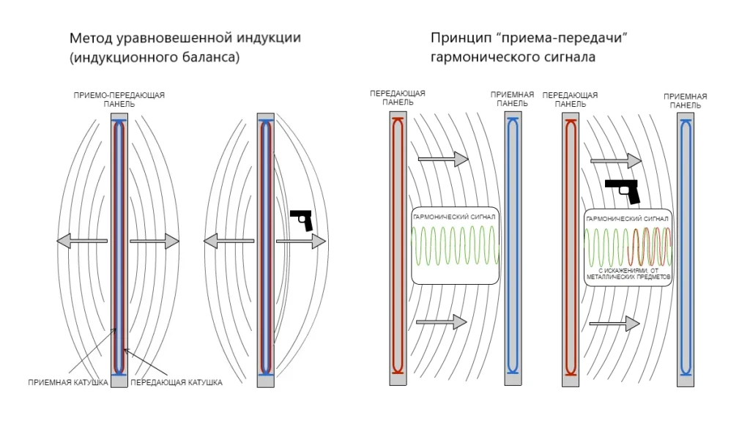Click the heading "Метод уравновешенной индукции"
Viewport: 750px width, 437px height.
tap(185, 38)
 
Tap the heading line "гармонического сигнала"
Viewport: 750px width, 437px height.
tap(513, 56)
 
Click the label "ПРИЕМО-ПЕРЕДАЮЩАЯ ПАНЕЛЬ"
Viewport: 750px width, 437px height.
tap(119, 100)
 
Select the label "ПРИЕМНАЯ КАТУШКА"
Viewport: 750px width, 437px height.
tap(68, 382)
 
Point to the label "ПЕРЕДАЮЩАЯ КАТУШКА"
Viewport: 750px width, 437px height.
tap(176, 382)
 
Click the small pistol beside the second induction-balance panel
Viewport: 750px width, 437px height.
tap(302, 220)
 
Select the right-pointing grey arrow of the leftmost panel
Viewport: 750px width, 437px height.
tap(155, 240)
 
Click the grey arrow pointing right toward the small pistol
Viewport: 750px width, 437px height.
tap(300, 242)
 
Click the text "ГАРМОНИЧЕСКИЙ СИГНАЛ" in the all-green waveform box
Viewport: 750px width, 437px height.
tap(454, 217)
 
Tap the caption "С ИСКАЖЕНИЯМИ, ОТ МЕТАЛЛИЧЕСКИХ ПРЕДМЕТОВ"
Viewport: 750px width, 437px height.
tap(629, 274)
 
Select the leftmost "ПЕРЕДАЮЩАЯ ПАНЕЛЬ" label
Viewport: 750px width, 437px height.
tap(398, 98)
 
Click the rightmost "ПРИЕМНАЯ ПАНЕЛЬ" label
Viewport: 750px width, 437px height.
tap(685, 100)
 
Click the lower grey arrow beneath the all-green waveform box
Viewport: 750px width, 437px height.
tap(441, 321)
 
